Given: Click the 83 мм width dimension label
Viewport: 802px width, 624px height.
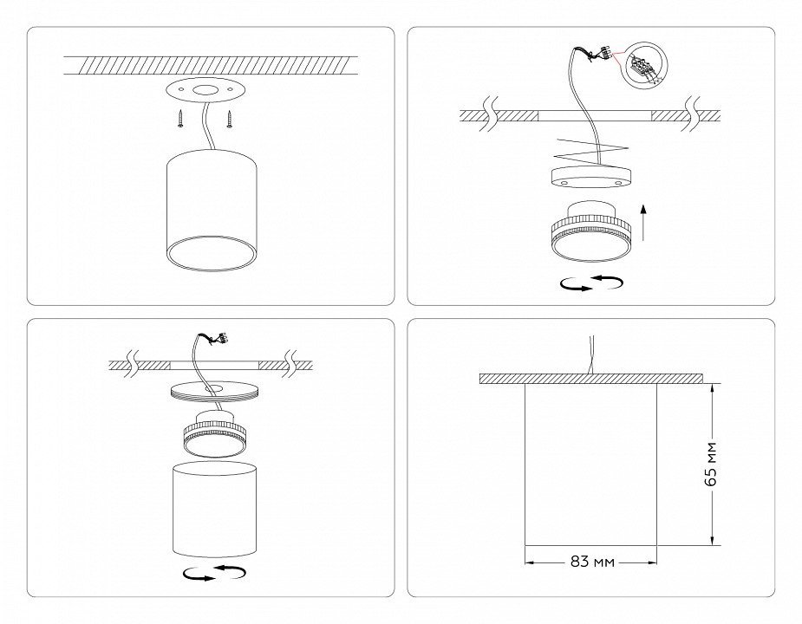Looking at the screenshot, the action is point(592,562).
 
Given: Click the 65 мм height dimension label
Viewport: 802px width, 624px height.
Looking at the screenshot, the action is point(710,465).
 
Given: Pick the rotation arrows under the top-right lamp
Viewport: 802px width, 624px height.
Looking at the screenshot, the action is point(592,283).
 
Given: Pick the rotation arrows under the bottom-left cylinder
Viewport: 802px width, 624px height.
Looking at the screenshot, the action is point(214,573).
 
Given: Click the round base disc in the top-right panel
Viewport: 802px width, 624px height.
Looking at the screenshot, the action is point(584,176).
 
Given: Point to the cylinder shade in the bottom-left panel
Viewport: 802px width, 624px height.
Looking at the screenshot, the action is point(214,509).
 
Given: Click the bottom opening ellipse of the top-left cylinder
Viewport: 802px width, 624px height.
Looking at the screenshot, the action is point(212,253).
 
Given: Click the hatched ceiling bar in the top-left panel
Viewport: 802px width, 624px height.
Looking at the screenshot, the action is point(211,64).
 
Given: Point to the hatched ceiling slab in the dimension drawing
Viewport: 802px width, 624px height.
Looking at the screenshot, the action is point(590,379).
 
